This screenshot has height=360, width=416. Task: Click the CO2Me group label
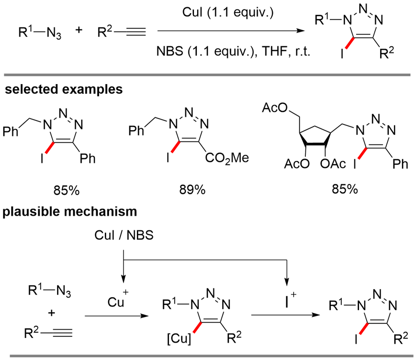[226, 158]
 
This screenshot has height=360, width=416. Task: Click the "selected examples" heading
[63, 89]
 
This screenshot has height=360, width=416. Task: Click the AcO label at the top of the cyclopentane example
[274, 109]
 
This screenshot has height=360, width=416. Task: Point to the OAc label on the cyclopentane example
[333, 164]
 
